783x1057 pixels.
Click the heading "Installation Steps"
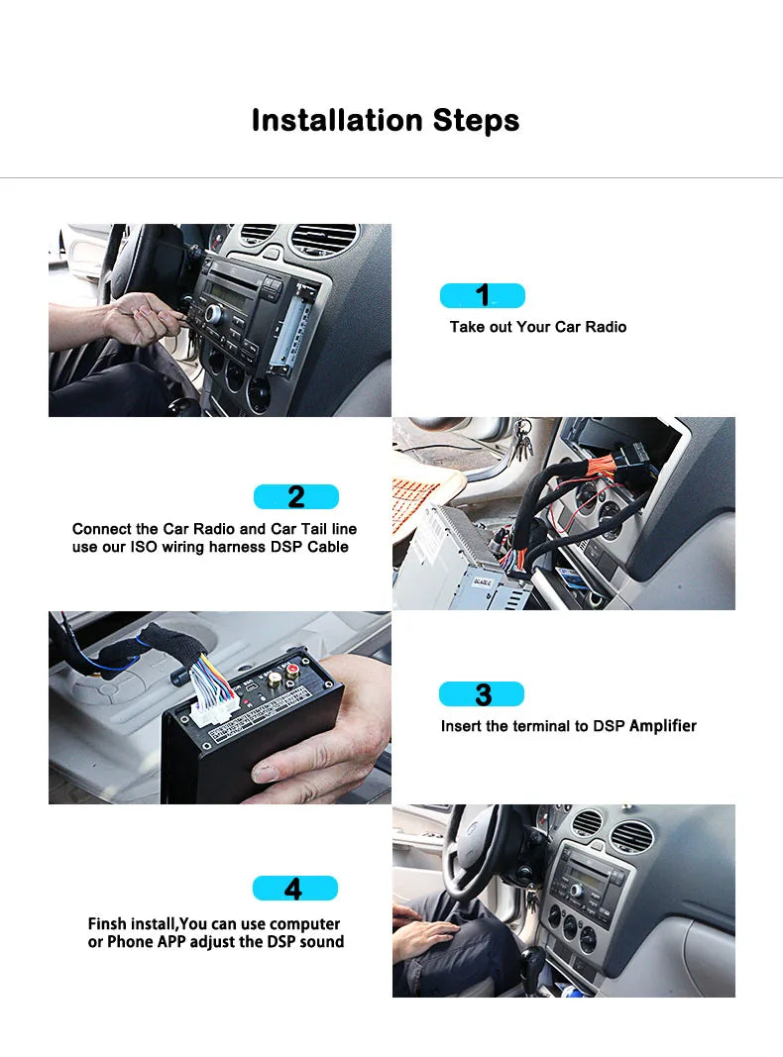pyautogui.click(x=386, y=120)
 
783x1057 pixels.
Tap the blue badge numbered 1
pyautogui.click(x=482, y=295)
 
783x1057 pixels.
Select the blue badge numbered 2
pyautogui.click(x=295, y=496)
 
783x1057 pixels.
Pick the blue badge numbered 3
pyautogui.click(x=482, y=693)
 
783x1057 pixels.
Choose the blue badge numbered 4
pyautogui.click(x=294, y=888)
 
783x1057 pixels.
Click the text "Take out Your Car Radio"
pyautogui.click(x=537, y=327)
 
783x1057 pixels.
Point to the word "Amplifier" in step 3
pyautogui.click(x=662, y=726)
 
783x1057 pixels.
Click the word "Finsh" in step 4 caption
pyautogui.click(x=108, y=924)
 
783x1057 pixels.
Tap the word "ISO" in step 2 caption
pyautogui.click(x=144, y=547)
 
